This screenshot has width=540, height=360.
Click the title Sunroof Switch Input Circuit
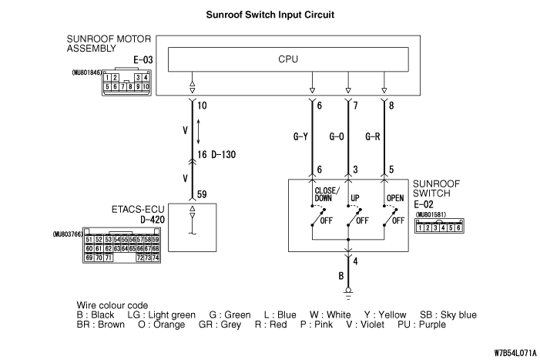(269, 15)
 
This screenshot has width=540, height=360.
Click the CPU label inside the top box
(287, 59)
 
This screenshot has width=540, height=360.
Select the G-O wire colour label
(337, 137)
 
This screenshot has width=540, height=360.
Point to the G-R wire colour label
(372, 137)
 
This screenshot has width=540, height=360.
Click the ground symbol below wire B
(349, 293)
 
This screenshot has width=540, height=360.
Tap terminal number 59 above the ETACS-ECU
(203, 195)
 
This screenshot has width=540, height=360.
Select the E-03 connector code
(139, 58)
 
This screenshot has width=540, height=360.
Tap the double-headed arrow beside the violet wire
(200, 130)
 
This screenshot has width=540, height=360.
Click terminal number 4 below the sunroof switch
(355, 260)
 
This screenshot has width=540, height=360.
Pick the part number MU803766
(67, 233)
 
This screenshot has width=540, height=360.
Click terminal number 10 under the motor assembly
(203, 105)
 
